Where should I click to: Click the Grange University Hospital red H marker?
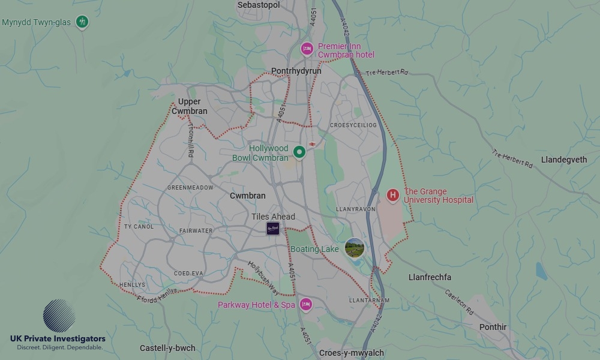[392, 195]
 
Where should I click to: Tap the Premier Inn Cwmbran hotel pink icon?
[307, 49]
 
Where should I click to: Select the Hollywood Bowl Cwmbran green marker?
[299, 152]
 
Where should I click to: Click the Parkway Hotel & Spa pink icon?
[305, 305]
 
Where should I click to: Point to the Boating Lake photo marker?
[355, 248]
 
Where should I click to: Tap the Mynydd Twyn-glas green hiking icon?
[83, 23]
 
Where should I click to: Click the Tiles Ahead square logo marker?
[273, 228]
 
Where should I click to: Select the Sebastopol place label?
[259, 5]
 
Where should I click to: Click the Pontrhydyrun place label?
[296, 71]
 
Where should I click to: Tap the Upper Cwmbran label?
[190, 106]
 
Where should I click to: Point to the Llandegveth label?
[564, 160]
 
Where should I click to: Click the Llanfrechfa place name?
[430, 277]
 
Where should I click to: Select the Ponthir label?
[493, 327]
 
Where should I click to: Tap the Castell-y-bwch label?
[167, 348]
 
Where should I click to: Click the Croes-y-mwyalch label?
[352, 353]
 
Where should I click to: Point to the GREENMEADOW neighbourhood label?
[190, 188]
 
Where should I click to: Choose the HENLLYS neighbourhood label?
[133, 284]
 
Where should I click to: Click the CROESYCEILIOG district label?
[353, 125]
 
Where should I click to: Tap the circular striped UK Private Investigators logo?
[59, 316]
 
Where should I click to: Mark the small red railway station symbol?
[313, 144]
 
